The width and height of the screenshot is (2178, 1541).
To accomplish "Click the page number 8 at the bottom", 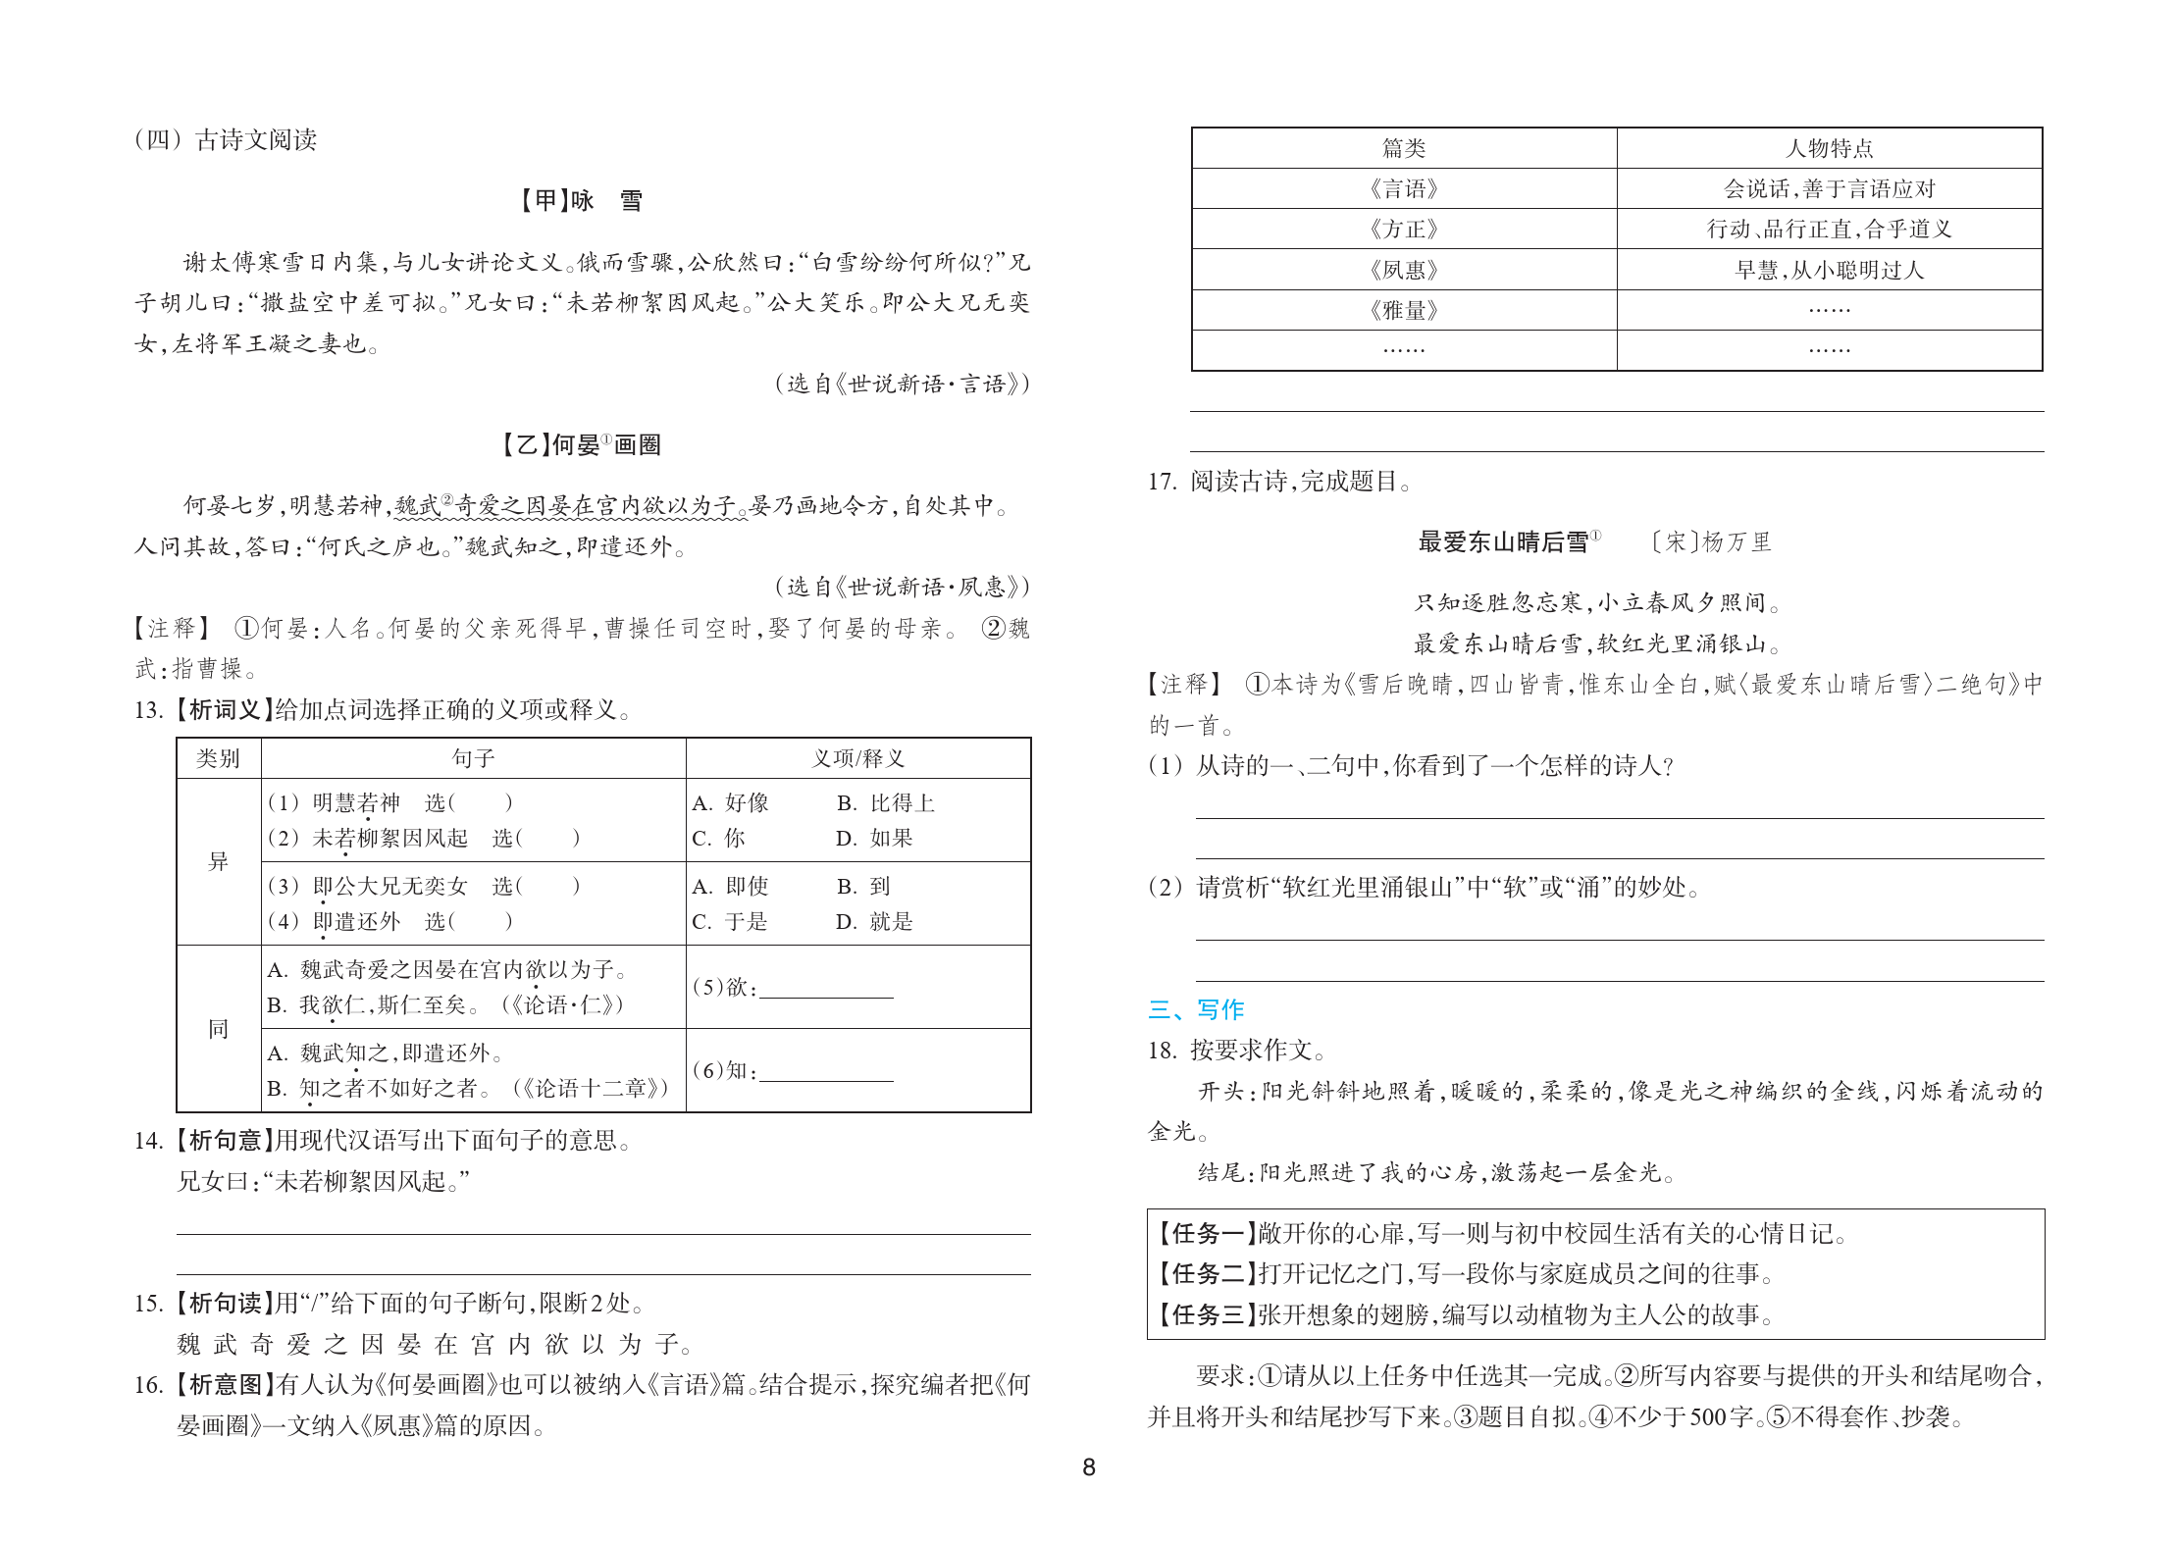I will tap(1088, 1467).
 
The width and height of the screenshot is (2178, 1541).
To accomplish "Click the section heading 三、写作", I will tap(1196, 1009).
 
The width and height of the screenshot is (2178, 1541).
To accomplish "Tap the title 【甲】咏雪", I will tap(581, 201).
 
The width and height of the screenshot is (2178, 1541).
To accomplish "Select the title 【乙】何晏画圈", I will tap(581, 445).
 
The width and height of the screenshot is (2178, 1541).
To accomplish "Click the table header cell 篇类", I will tap(1403, 148).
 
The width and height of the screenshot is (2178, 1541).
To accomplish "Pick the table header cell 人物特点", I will tap(1829, 148).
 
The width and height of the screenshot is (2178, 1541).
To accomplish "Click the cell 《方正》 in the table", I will tap(1403, 230).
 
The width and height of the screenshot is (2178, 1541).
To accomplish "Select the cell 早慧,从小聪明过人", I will tap(1829, 270).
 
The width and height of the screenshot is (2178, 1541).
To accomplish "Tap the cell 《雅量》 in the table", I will tap(1403, 311).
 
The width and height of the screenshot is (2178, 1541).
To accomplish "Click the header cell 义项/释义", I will tap(858, 758).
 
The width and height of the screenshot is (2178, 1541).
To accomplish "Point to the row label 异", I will tap(218, 862).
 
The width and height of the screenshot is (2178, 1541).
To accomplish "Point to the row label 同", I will tap(218, 1029).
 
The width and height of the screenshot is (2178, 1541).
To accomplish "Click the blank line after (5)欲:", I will tap(826, 989).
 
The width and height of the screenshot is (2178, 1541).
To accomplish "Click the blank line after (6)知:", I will tap(826, 1072).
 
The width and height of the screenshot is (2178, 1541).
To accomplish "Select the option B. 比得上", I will tap(885, 803).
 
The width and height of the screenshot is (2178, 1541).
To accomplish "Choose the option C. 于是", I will tap(730, 922).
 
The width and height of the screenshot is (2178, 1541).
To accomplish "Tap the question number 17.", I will tap(1162, 482).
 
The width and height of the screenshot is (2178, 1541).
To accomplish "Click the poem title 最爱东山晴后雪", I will tap(1503, 542).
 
